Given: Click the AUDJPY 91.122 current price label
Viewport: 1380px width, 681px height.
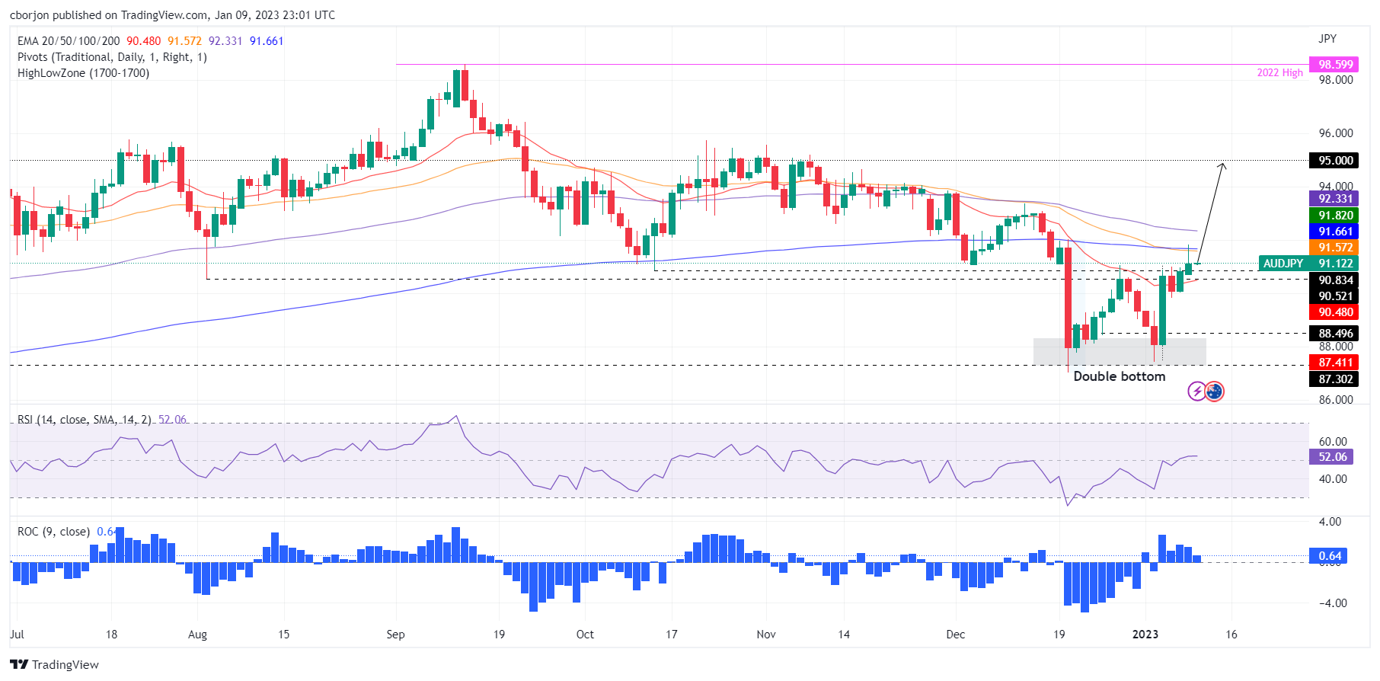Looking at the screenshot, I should pos(1308,264).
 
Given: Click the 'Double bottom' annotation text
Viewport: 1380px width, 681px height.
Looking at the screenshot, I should pos(1119,376).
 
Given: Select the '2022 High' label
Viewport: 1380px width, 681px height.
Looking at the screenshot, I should pos(1279,73).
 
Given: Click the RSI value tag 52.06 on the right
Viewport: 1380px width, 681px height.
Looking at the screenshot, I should pos(1331,457).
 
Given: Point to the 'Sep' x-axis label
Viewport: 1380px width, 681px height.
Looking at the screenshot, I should pos(395,635).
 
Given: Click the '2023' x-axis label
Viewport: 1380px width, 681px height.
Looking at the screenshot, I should pos(1145,635).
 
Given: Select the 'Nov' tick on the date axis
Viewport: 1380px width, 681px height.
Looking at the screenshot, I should pos(766,635).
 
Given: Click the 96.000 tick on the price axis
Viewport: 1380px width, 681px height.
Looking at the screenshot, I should pos(1335,133).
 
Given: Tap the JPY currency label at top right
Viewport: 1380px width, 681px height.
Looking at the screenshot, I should pos(1327,39).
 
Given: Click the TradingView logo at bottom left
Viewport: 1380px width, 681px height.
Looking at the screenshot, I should pos(54,665).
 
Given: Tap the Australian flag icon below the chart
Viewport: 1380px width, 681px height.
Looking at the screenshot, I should pos(1215,392).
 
